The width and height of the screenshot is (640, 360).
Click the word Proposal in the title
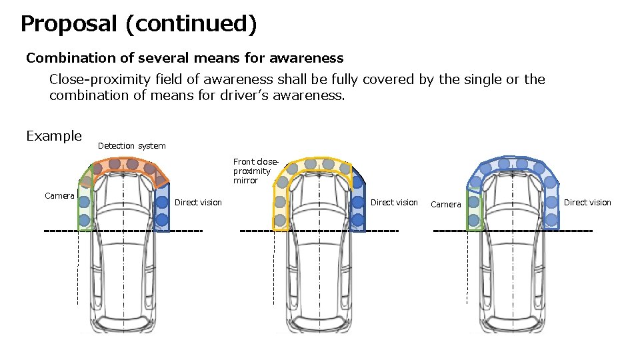69,24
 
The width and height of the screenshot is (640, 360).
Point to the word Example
53,136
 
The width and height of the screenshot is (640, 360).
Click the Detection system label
131,146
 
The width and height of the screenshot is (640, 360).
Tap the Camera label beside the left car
59,196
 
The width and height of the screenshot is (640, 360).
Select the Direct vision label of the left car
198,203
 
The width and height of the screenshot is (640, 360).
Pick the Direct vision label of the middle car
394,203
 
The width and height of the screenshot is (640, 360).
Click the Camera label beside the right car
445,205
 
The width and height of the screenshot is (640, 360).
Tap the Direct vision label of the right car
587,203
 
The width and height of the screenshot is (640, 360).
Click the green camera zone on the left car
85,207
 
